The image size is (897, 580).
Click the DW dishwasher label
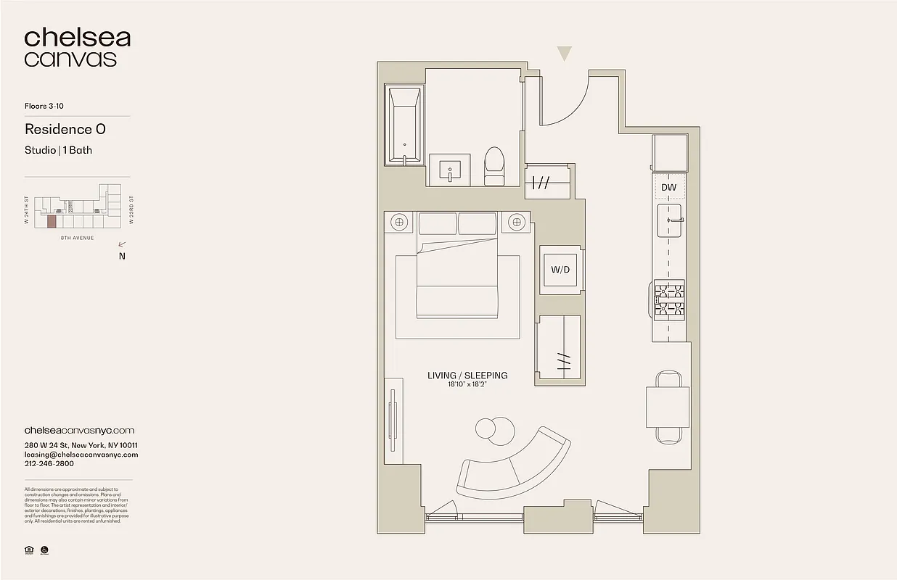tap(668, 188)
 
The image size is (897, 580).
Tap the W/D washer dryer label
tap(560, 270)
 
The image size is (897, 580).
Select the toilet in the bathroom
tap(494, 166)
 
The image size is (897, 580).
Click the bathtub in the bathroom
tap(404, 126)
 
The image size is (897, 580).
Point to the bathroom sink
tap(450, 171)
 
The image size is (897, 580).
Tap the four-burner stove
tap(670, 301)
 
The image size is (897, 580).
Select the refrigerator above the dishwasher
tap(669, 153)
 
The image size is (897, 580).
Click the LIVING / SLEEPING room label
tap(467, 376)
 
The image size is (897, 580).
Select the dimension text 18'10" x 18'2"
tap(467, 385)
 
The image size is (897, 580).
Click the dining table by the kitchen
tap(668, 407)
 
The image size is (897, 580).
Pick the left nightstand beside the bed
tap(399, 222)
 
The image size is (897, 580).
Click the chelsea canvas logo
tap(77, 48)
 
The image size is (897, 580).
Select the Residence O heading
tap(65, 129)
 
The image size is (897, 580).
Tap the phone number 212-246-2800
tap(53, 465)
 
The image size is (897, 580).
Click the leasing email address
tap(81, 455)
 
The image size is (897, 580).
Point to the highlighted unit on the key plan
tap(51, 220)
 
